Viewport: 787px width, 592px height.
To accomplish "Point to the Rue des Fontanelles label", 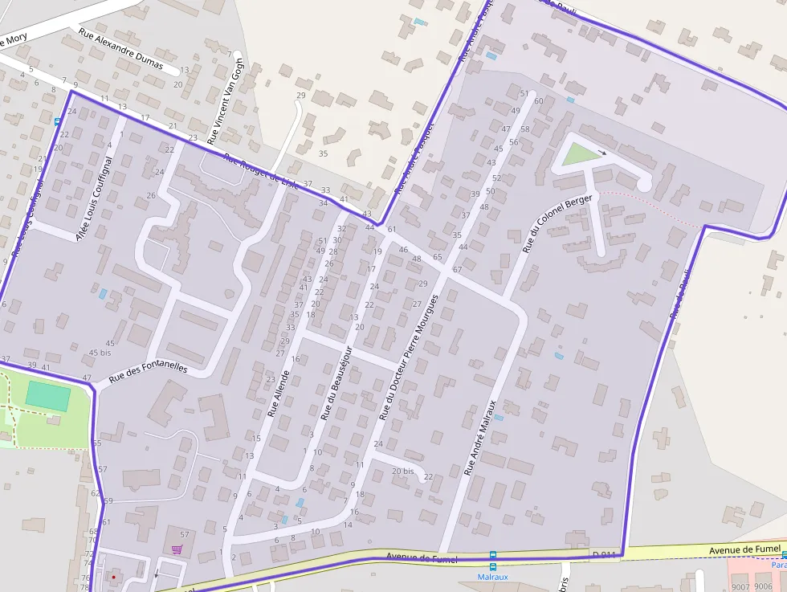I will [148, 371].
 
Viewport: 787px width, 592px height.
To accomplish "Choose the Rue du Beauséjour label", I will [336, 382].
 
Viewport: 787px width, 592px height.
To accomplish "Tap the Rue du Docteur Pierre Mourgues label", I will [408, 357].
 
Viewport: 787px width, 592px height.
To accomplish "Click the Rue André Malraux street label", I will [481, 437].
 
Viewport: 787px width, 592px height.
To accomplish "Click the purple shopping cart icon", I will [177, 550].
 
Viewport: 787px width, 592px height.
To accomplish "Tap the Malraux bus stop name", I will [493, 576].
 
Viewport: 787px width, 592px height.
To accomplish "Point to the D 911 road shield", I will [603, 554].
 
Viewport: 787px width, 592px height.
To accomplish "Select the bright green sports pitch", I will [47, 394].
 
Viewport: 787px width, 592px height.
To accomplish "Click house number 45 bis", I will [100, 353].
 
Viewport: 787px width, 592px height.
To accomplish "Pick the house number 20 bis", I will [403, 471].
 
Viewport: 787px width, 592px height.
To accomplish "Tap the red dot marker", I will [113, 576].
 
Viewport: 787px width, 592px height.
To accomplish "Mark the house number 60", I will [538, 100].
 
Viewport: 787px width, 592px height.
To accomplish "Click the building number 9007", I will [740, 586].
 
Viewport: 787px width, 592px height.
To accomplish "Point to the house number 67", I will [457, 269].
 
